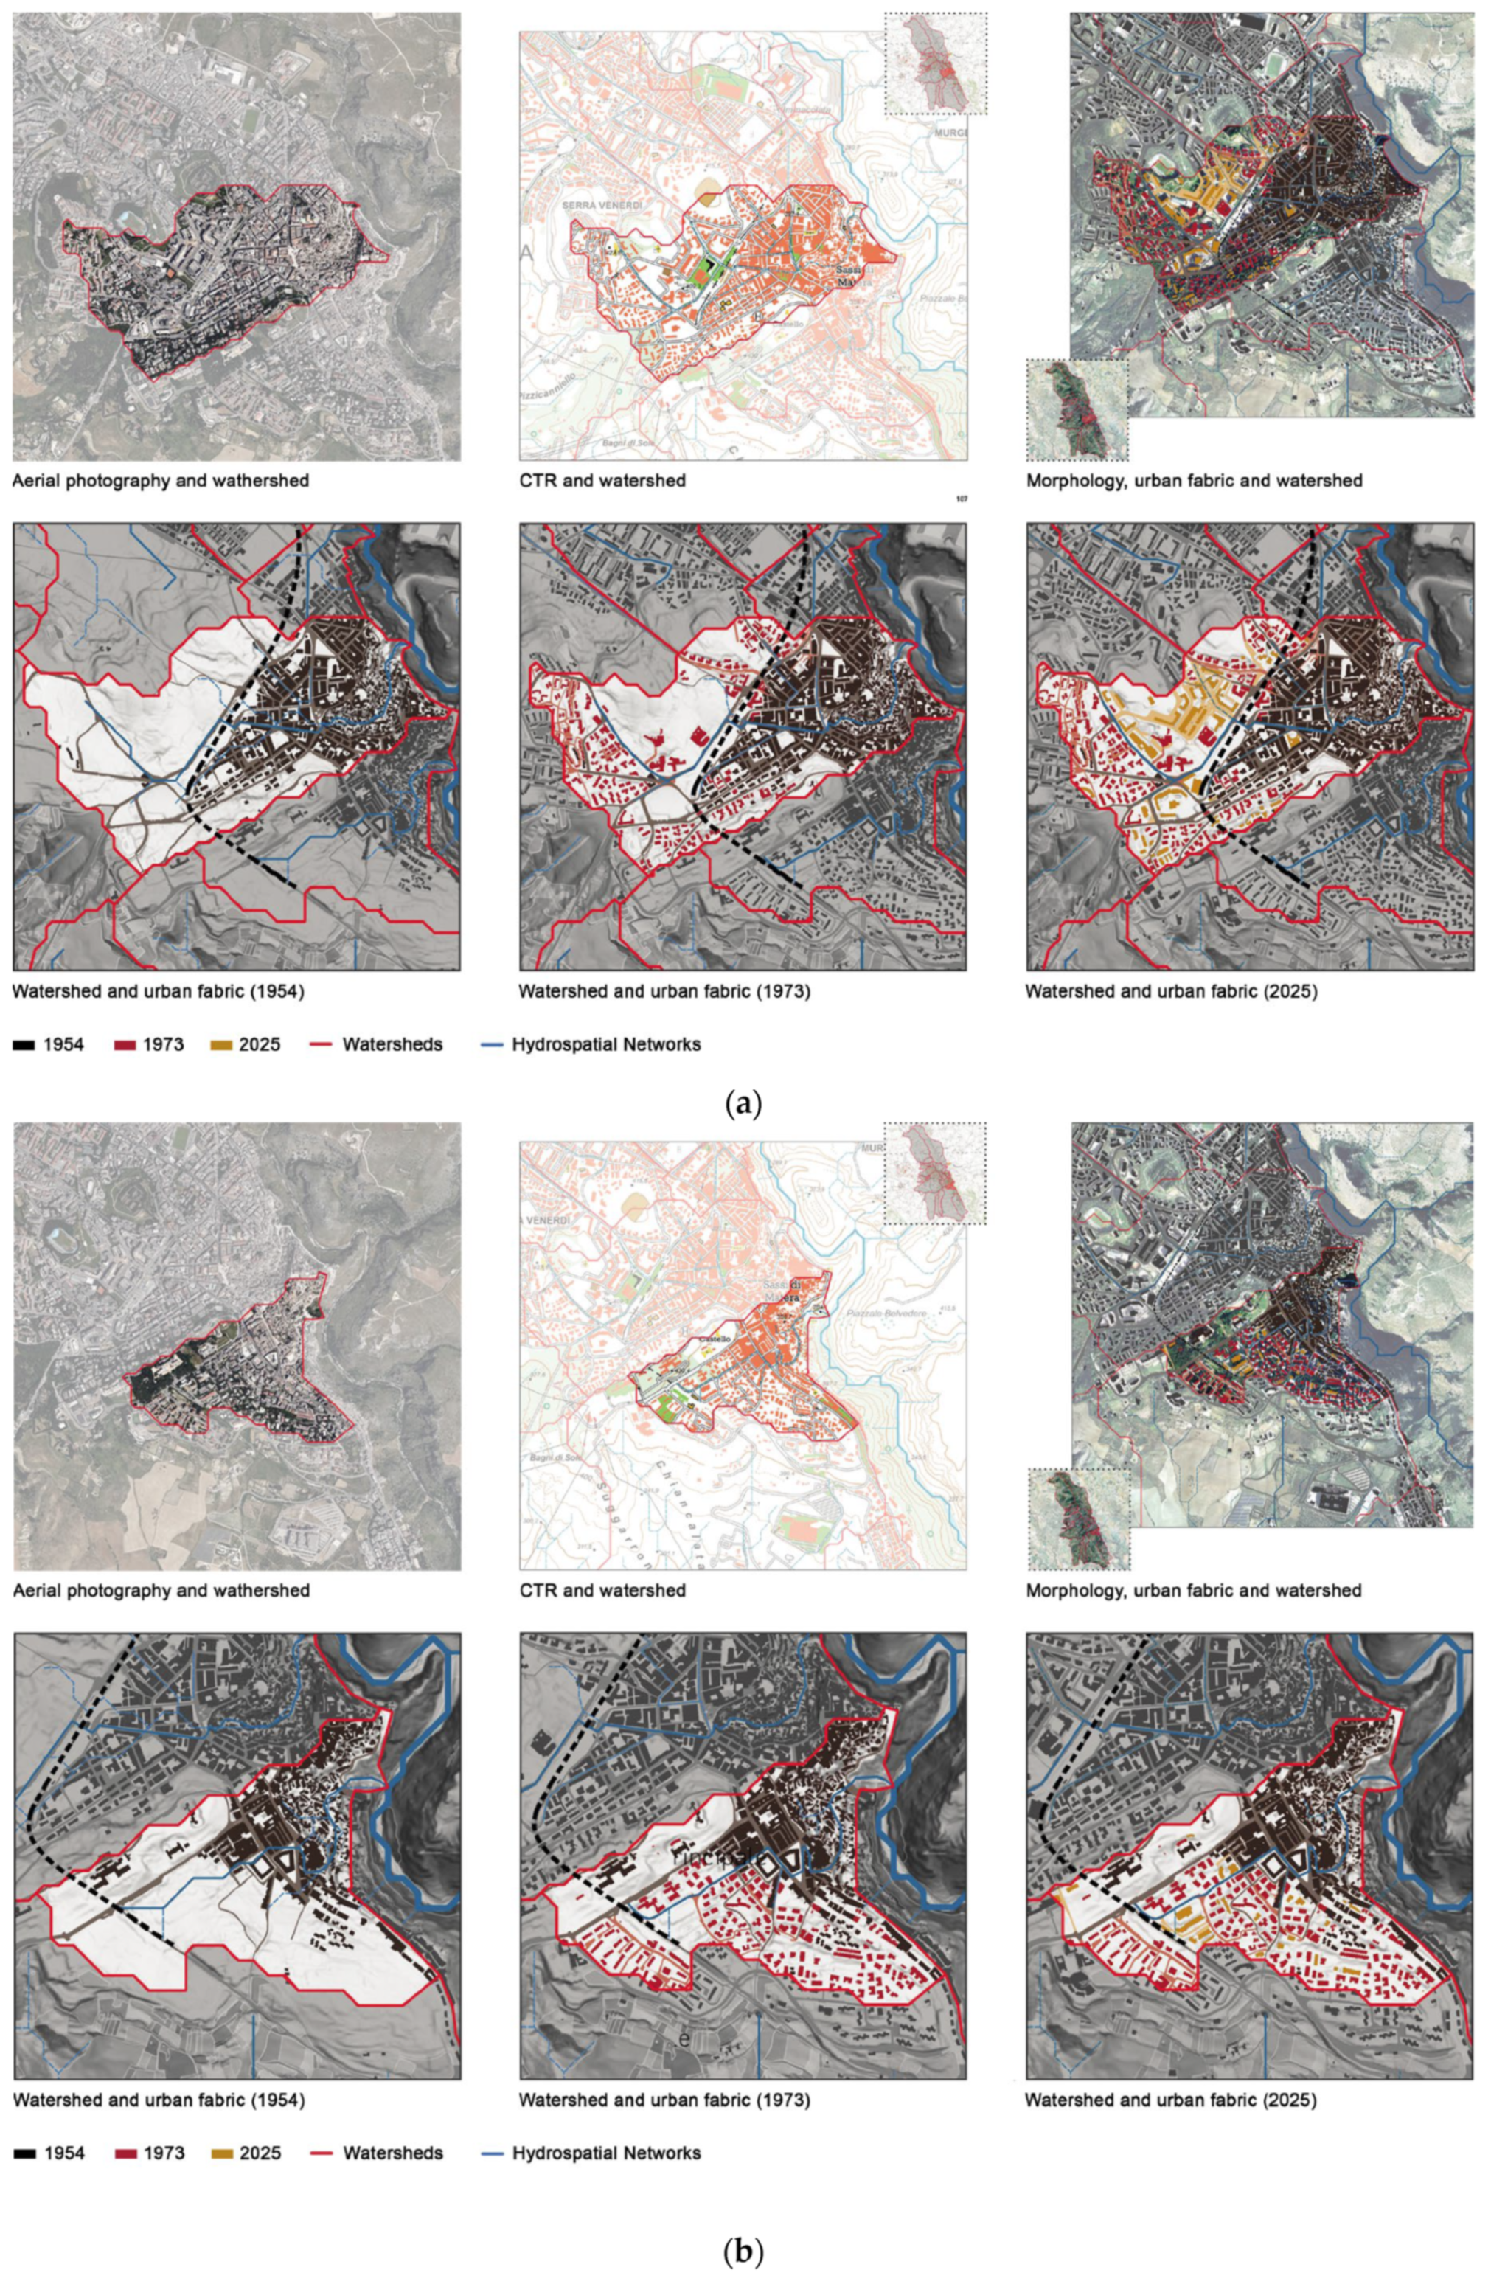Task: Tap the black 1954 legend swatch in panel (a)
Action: tap(24, 1044)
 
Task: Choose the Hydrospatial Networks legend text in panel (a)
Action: tap(605, 1044)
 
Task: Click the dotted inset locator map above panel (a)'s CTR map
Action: tap(936, 63)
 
